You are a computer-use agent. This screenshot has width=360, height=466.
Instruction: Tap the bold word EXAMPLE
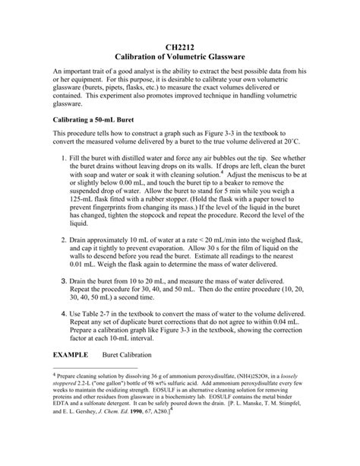(x=72, y=355)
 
